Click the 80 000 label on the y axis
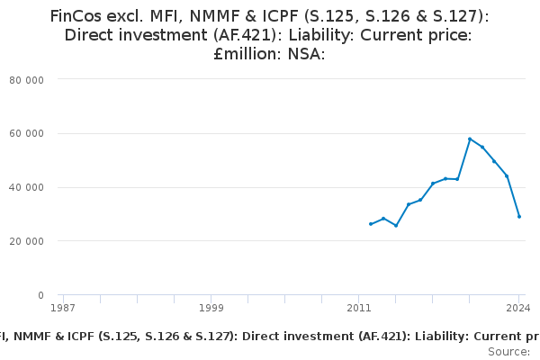27,79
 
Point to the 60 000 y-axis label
27,133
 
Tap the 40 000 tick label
27,187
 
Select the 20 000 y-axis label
27,241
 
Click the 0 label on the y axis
40,295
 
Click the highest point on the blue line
470,139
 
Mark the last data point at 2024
519,216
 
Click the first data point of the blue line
371,224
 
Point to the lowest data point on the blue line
396,226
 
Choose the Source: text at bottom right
508,351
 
